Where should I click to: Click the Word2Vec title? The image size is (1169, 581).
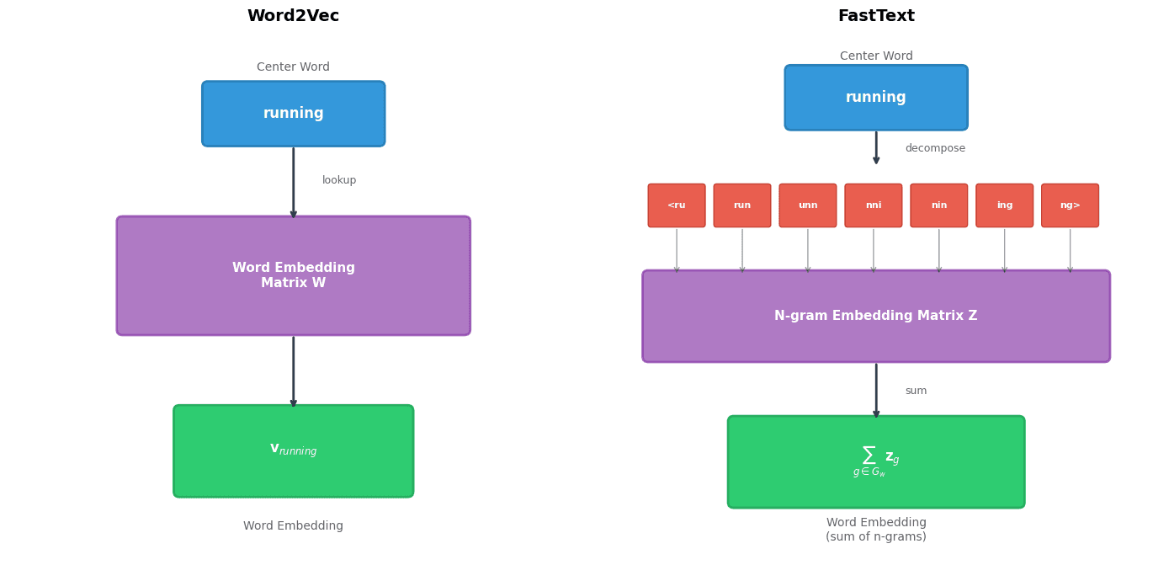coord(293,16)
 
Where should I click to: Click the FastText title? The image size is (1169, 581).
coord(875,16)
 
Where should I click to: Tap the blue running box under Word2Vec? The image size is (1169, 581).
coord(293,114)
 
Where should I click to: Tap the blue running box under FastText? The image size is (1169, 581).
coord(875,98)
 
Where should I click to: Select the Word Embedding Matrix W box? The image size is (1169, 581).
coord(293,275)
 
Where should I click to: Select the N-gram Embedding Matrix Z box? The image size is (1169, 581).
coord(875,316)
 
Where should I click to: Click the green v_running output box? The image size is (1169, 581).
coord(293,450)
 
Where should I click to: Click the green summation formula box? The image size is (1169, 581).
coord(875,461)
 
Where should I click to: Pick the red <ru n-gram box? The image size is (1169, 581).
coord(676,205)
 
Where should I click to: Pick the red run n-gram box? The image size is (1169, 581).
coord(741,205)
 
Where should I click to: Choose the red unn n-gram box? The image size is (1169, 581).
coord(807,205)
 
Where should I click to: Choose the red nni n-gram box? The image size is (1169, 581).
coord(873,205)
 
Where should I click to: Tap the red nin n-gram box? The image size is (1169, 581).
coord(938,205)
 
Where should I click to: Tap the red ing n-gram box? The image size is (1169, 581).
coord(1004,205)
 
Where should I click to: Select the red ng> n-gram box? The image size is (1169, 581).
coord(1070,205)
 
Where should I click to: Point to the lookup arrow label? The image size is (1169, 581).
coord(339,180)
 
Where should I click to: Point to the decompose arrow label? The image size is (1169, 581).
coord(935,148)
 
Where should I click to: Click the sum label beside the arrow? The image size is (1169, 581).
coord(916,391)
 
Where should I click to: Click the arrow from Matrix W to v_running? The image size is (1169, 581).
coord(293,370)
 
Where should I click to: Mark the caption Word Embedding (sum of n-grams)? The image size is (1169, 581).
coord(875,530)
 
